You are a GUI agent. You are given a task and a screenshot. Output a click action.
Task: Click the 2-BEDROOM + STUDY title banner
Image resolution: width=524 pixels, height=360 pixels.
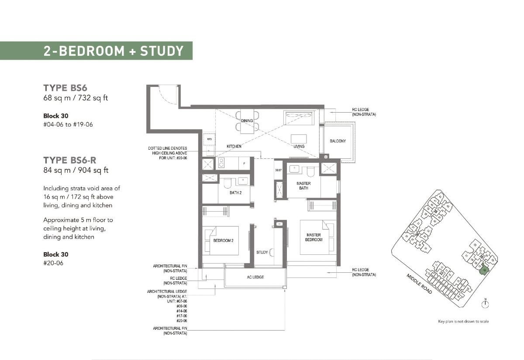113,51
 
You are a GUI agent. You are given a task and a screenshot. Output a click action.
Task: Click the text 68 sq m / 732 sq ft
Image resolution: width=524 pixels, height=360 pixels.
75,98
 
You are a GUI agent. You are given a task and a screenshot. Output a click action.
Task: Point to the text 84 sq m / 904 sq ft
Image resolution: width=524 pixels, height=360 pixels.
76,170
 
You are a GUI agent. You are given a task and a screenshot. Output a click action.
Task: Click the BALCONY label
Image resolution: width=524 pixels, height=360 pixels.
338,141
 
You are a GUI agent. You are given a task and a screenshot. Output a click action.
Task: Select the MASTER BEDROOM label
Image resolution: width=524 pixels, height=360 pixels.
314,237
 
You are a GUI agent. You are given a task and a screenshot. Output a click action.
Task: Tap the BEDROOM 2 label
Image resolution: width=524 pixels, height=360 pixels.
226,240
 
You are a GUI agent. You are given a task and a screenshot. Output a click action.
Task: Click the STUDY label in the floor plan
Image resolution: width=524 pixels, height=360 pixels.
262,252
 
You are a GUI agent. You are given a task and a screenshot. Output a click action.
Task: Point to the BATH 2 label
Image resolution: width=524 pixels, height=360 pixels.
235,192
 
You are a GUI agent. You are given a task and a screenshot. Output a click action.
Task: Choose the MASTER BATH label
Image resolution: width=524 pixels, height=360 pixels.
303,186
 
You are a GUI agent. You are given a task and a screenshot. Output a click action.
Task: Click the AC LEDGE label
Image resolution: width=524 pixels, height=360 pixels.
255,277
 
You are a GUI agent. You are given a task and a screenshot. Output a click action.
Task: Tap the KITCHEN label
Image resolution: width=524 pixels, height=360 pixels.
234,146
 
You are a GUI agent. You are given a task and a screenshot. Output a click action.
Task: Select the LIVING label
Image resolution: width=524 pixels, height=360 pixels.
299,146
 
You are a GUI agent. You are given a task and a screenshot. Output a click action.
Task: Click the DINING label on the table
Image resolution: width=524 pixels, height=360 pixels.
247,121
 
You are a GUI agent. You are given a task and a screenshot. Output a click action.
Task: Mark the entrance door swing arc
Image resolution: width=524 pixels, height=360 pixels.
168,95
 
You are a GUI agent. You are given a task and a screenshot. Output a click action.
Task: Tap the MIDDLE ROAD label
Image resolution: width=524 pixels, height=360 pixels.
419,284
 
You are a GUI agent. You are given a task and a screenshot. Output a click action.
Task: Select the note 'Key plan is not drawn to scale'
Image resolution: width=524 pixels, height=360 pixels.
463,322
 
